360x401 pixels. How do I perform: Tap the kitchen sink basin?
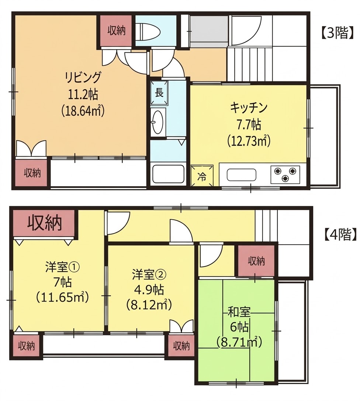click(x=241, y=175)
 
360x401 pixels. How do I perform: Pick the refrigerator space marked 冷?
click(x=202, y=175)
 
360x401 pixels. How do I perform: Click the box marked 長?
click(x=159, y=93)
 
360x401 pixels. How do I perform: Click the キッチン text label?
click(x=249, y=108)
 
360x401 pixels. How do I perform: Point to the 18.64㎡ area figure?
click(x=83, y=112)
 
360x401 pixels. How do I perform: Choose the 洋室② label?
click(x=149, y=275)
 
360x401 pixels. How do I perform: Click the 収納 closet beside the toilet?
click(x=116, y=31)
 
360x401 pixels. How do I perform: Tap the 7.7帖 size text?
click(x=249, y=125)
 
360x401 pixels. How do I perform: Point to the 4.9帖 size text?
click(x=149, y=290)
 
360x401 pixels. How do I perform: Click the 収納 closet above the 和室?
click(x=256, y=261)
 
